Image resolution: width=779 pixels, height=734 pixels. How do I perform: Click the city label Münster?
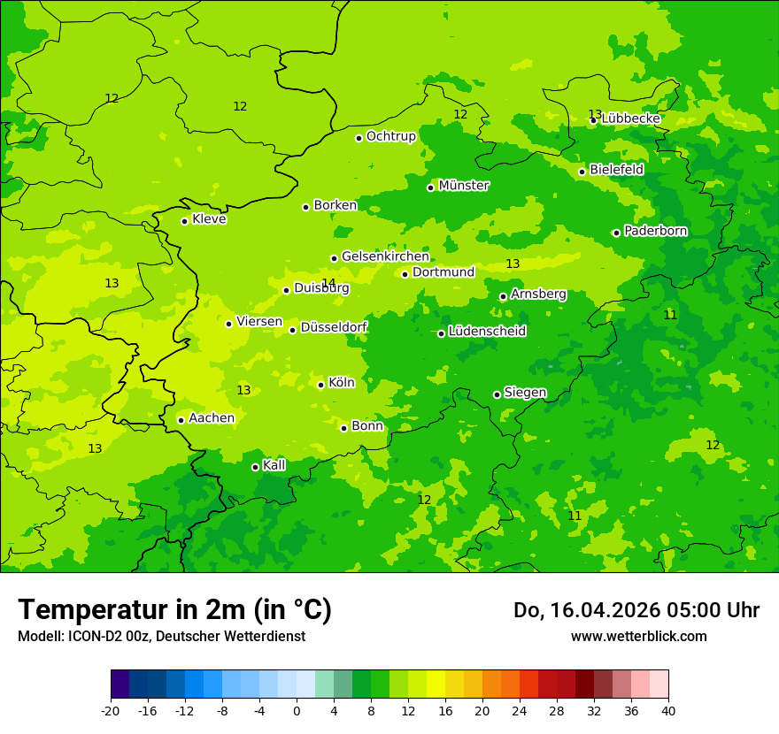[464, 186]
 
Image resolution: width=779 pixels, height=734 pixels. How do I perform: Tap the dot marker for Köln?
[320, 385]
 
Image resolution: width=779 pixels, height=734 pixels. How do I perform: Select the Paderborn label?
[655, 231]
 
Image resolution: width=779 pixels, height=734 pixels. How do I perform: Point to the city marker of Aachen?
[181, 420]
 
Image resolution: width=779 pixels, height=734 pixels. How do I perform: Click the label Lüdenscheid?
[487, 332]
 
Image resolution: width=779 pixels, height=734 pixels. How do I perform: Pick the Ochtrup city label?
[390, 136]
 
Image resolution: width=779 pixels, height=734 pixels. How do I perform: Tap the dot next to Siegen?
[497, 394]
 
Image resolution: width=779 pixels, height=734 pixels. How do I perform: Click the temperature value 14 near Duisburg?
[328, 283]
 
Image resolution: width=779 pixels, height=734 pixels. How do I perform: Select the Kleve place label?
[209, 219]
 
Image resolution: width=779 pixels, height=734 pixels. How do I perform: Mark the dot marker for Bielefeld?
[582, 172]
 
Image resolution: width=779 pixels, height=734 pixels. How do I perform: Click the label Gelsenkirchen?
[385, 256]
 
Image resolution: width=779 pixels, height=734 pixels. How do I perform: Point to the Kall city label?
[274, 465]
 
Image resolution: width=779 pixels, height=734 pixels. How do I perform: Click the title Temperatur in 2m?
[174, 609]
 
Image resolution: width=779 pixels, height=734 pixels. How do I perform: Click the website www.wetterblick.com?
[638, 636]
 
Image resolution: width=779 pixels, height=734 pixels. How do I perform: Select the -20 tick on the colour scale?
[111, 711]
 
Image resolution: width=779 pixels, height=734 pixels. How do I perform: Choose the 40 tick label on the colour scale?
[668, 711]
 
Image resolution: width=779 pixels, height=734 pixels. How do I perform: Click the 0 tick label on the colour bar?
[297, 711]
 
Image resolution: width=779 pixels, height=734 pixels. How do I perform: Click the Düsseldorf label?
[334, 327]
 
